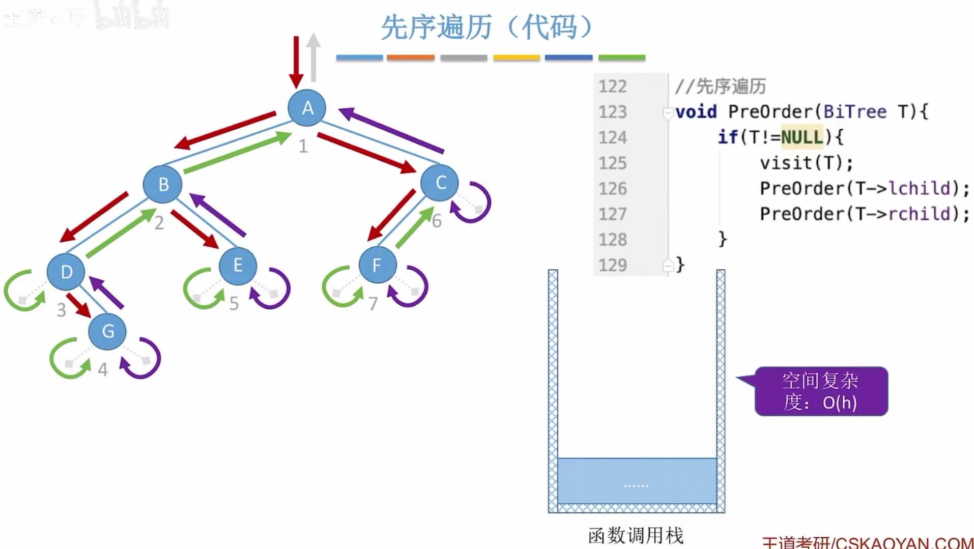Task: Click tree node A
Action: (x=307, y=108)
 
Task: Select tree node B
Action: (x=163, y=184)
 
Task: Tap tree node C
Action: (x=440, y=183)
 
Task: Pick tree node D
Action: (x=66, y=272)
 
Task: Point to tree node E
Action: (x=238, y=265)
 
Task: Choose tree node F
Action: (x=377, y=265)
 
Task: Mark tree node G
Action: (x=107, y=331)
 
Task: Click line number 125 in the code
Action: (x=612, y=163)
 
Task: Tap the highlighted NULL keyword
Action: (x=801, y=137)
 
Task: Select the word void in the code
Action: (x=696, y=112)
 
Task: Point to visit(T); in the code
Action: (x=807, y=163)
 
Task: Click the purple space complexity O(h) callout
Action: (x=821, y=391)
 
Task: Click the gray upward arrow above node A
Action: (x=313, y=57)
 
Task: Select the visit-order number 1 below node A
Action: (x=303, y=147)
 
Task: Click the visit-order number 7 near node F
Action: (x=373, y=304)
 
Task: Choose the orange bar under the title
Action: (x=411, y=58)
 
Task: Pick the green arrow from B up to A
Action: (x=237, y=152)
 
